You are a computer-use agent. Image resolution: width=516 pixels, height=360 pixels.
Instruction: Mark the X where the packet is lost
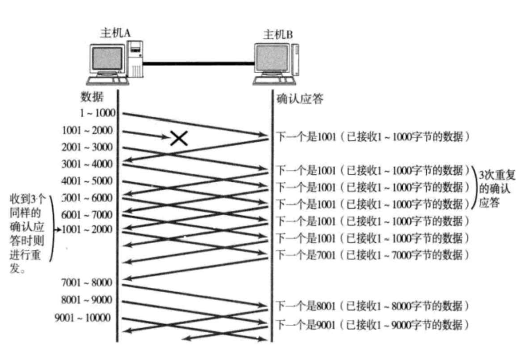coord(179,138)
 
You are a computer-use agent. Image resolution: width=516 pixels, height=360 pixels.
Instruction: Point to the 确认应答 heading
coord(300,99)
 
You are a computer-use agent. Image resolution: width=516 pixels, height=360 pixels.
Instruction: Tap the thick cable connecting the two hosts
coord(198,63)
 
